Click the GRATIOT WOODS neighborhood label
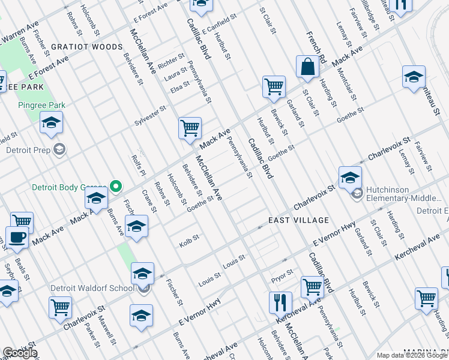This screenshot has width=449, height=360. coord(86,46)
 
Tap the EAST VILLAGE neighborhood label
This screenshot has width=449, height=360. coord(291,220)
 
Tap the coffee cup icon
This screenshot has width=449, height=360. coord(17,236)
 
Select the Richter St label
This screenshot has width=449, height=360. coord(171,60)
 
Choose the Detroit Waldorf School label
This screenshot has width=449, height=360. coord(92,288)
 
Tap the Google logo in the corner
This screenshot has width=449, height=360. coord(20,353)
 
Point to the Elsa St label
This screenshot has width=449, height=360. coord(179,89)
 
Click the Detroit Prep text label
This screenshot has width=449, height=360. coord(29,149)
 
